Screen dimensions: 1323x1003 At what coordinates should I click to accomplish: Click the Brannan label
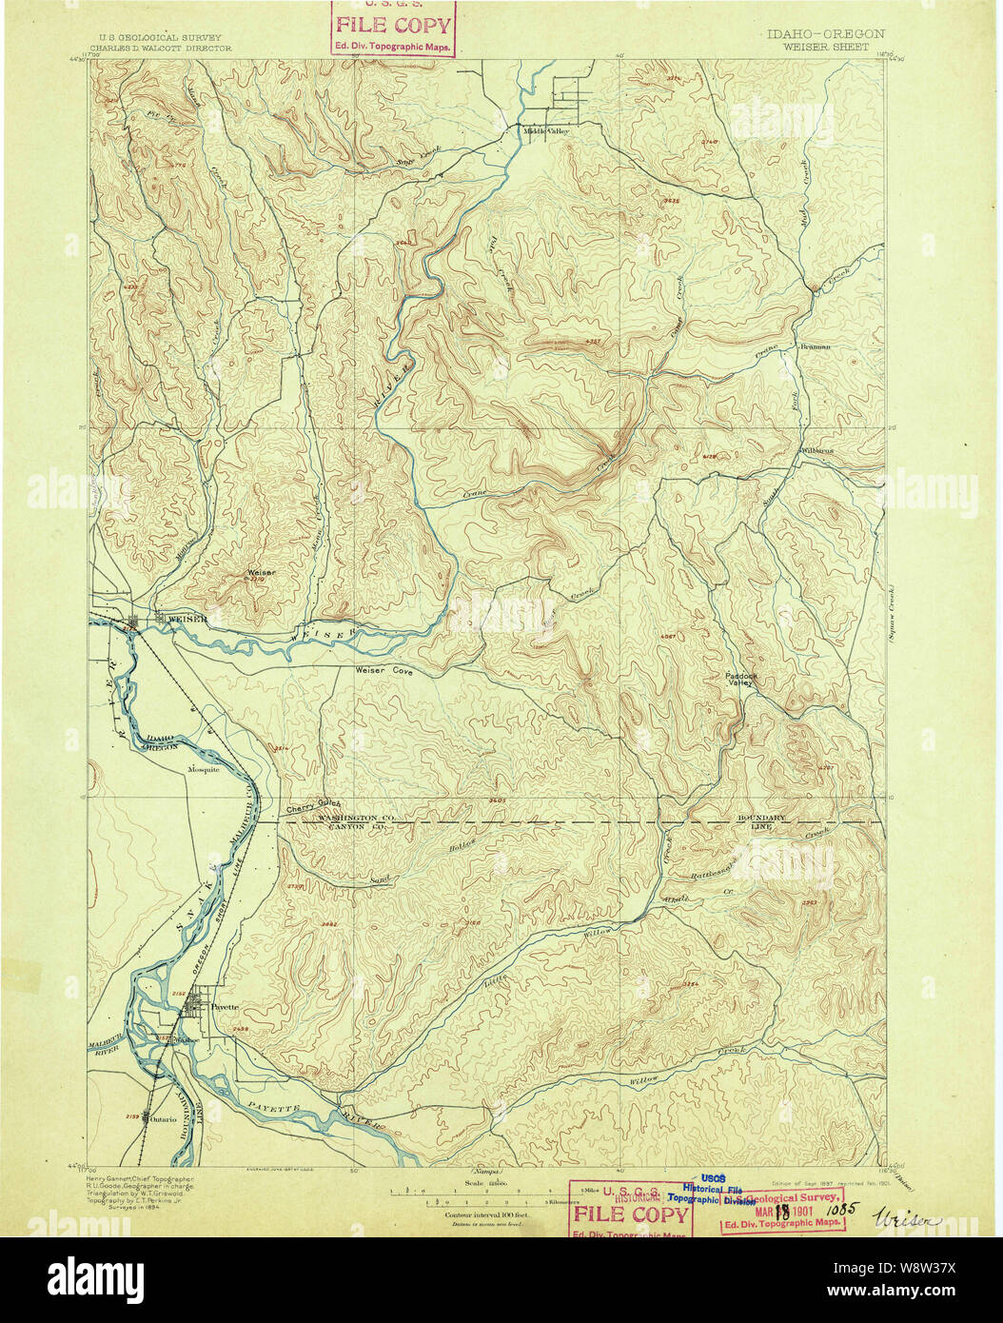pos(816,346)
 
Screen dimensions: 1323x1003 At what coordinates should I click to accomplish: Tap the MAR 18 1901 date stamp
pos(780,1213)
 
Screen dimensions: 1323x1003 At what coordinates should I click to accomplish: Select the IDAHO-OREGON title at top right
pos(824,33)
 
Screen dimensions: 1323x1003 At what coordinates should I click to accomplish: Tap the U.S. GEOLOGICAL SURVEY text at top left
pos(154,38)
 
